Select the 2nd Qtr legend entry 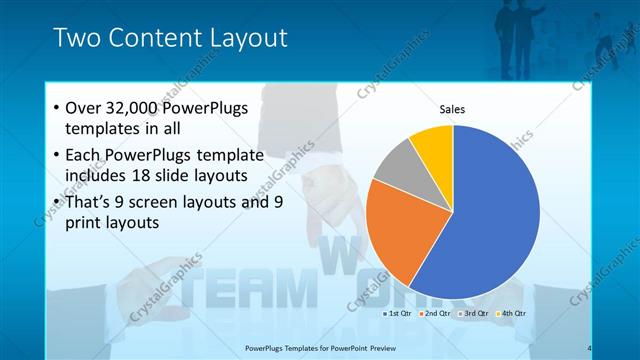437,313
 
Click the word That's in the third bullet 90,201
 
